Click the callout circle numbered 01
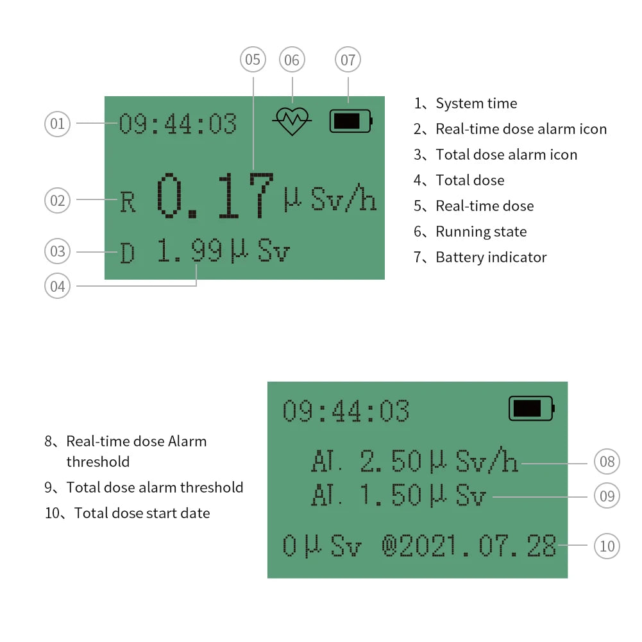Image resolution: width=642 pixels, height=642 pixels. pos(58,123)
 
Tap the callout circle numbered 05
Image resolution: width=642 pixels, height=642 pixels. pos(253,60)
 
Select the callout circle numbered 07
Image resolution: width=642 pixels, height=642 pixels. pos(348,60)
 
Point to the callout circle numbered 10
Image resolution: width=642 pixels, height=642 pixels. pos(607,546)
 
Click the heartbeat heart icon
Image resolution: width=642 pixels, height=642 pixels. pos(292,121)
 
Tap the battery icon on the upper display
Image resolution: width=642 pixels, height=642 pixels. pos(351,121)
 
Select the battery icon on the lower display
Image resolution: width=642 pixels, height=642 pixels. pos(531,408)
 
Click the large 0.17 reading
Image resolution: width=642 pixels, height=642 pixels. pos(215,196)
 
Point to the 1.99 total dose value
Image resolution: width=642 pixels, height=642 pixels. pos(190,251)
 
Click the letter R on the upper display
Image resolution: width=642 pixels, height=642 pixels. pos(128,203)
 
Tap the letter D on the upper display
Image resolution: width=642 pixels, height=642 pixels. pos(128,253)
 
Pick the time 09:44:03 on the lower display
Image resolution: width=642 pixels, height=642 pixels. pos(346,411)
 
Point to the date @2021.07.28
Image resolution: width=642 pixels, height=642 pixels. pos(469,546)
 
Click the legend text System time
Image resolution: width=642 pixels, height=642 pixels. pos(476,103)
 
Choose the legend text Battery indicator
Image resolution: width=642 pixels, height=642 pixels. pos(491,257)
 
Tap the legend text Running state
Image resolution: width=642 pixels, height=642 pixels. pos(481,232)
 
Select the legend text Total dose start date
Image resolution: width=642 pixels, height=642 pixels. pos(142,513)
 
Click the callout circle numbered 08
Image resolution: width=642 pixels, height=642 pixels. pos(607,461)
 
